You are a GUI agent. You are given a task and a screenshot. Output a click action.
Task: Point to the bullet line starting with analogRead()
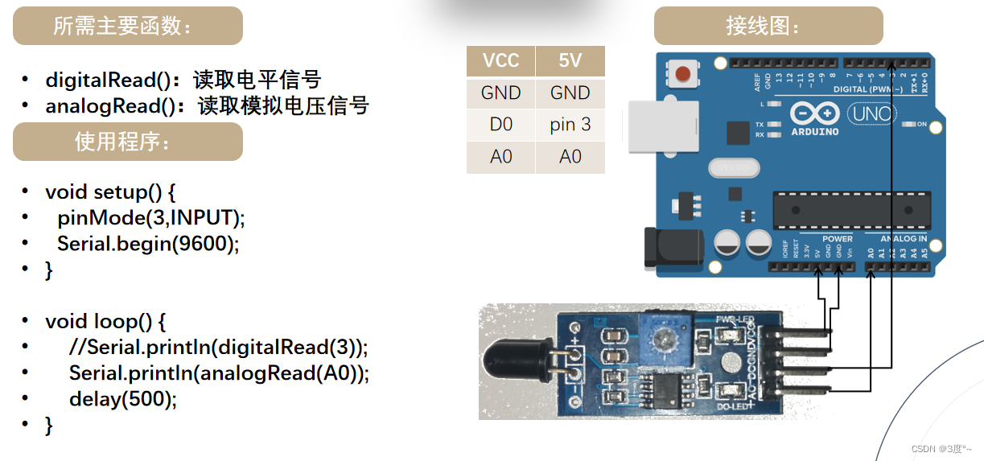point(207,105)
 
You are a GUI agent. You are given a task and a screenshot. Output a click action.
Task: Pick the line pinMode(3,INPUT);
point(150,217)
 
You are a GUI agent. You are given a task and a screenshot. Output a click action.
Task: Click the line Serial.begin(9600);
point(148,243)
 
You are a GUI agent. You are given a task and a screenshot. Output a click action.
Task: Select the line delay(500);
point(122,398)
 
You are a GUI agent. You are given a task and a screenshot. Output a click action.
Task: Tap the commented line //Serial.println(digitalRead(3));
point(218,347)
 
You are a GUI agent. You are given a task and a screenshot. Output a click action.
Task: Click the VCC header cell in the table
point(500,61)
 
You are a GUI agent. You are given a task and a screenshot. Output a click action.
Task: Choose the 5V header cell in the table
point(570,61)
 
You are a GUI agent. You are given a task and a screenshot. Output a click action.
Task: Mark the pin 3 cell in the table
point(570,125)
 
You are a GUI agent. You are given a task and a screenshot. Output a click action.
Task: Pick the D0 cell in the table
point(500,125)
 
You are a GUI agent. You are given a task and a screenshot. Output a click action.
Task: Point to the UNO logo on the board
point(873,114)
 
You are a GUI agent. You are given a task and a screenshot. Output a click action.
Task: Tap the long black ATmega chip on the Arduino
point(851,211)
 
